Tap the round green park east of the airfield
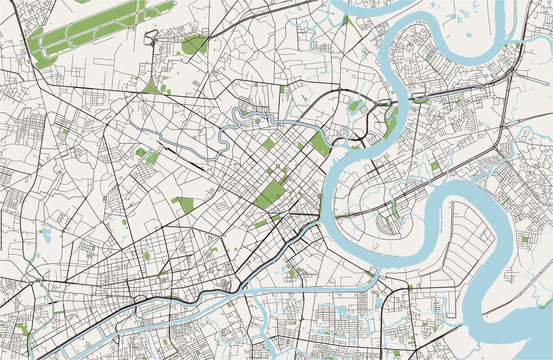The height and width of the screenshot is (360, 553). tap(194, 44)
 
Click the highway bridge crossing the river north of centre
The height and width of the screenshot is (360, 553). tap(381, 104)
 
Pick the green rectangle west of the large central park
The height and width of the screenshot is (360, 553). tap(183, 204)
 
